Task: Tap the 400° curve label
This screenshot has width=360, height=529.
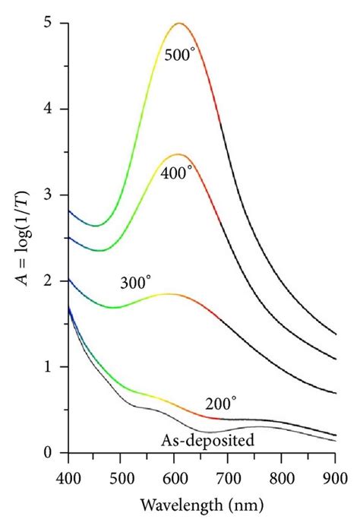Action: [x=177, y=173]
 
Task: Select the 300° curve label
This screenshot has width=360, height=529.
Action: [x=136, y=282]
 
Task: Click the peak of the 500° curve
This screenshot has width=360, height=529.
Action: [x=179, y=24]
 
